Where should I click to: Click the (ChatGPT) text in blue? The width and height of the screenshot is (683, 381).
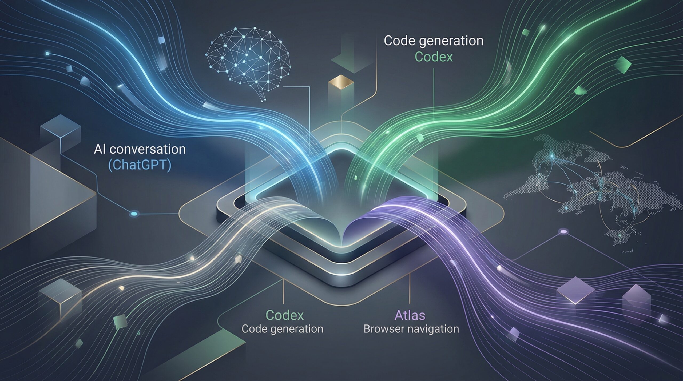(x=140, y=165)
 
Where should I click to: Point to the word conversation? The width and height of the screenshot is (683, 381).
(x=148, y=149)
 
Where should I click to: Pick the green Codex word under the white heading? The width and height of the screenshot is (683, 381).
(x=434, y=57)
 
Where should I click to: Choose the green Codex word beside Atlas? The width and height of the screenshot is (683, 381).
(x=285, y=315)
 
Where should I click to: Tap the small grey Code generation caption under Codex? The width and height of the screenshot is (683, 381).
(x=282, y=329)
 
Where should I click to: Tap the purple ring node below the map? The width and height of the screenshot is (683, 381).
(x=563, y=231)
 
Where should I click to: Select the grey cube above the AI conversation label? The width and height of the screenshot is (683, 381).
(x=60, y=131)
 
